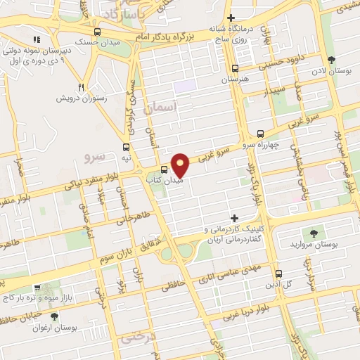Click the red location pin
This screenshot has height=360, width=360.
click(181, 165)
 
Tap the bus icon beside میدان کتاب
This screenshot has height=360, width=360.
click(164, 169)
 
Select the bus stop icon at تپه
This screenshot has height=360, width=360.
click(126, 148)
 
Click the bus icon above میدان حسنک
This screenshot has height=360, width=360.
click(97, 32)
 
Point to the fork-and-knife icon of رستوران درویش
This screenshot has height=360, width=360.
click(82, 87)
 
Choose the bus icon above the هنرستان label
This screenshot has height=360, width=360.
click(235, 69)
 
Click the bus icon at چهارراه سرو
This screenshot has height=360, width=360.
click(260, 133)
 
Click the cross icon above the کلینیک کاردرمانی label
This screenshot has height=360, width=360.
click(235, 218)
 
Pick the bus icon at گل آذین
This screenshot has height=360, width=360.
click(278, 274)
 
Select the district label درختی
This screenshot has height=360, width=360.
click(135, 337)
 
